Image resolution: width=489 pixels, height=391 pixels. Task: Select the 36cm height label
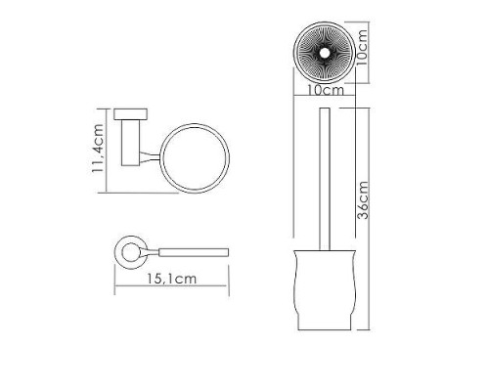[x=362, y=200]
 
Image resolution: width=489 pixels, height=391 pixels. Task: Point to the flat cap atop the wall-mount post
[x=129, y=112]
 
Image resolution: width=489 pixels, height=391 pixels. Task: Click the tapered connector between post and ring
[x=148, y=158]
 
